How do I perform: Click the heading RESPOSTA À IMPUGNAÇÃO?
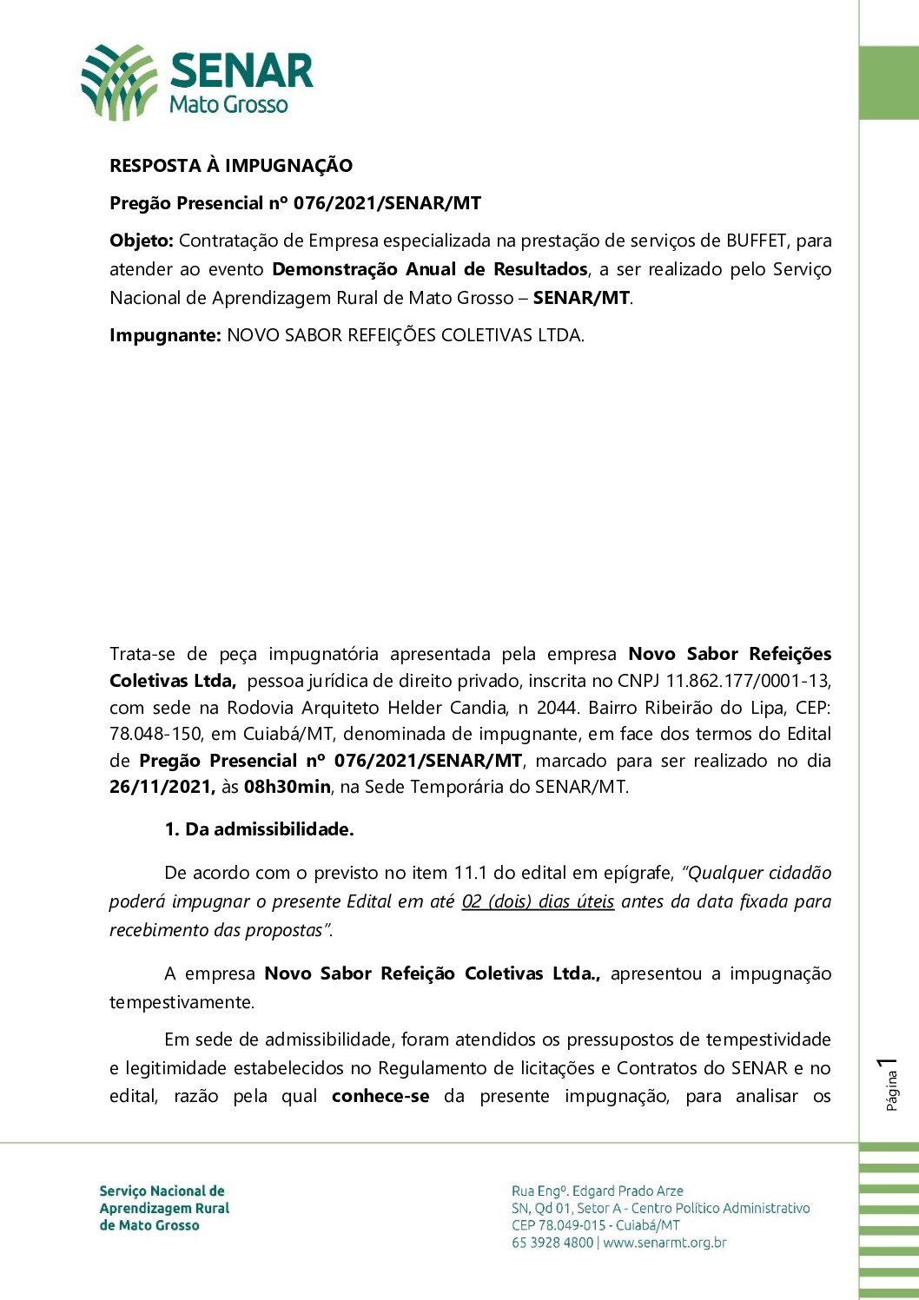click(231, 166)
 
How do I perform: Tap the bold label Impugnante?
click(165, 335)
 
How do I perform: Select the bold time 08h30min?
click(287, 788)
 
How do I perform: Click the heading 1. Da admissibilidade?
click(259, 829)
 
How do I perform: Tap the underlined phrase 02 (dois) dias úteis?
click(538, 901)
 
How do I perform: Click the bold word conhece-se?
click(380, 1096)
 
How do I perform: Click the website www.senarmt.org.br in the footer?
click(664, 1243)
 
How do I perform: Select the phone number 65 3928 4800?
click(552, 1243)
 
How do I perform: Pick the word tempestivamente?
click(182, 1002)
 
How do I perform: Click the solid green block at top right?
click(889, 82)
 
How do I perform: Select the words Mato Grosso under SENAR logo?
click(228, 105)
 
